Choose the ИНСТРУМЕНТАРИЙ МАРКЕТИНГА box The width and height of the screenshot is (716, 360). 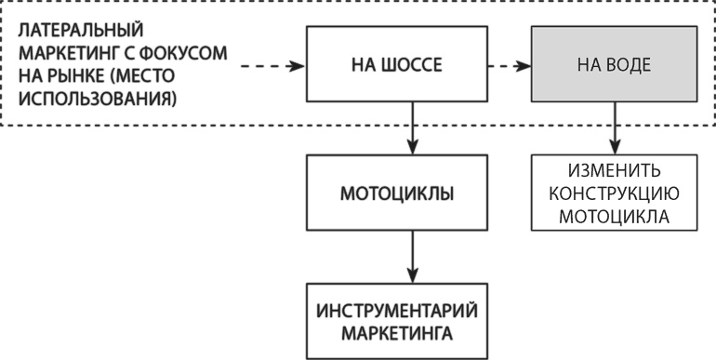point(410,321)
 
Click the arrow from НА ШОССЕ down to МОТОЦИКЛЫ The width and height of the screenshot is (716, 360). point(410,126)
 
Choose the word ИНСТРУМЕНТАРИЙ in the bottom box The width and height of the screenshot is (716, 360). point(410,311)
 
